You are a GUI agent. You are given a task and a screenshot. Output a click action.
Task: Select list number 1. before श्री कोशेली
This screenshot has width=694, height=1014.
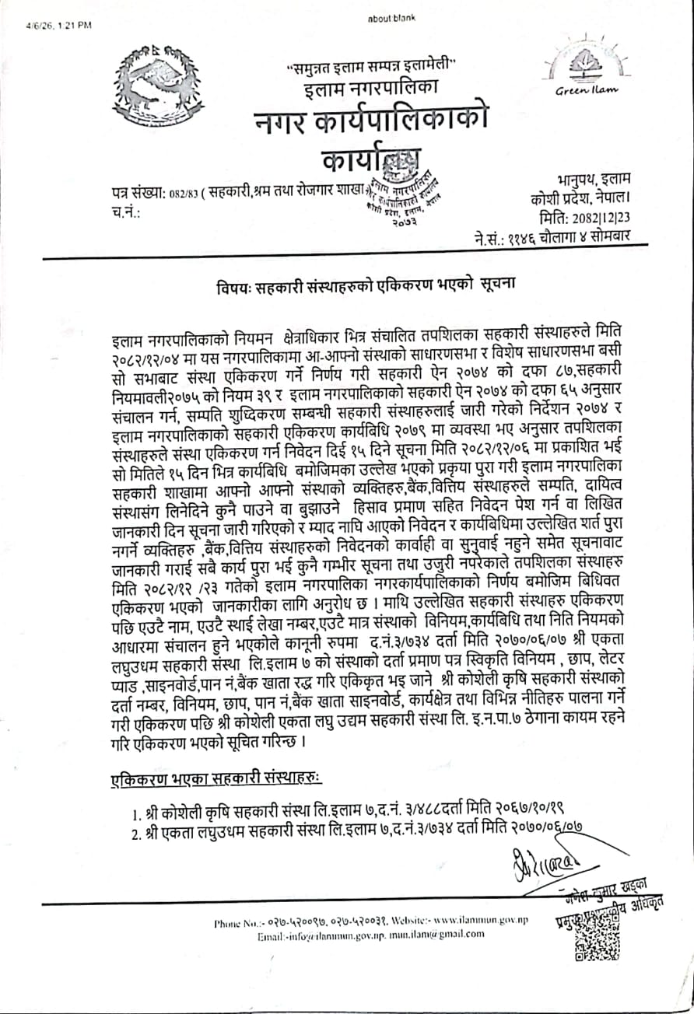[x=138, y=814]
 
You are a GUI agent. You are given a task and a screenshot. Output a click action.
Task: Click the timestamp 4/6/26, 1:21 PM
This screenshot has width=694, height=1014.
[x=58, y=24]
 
